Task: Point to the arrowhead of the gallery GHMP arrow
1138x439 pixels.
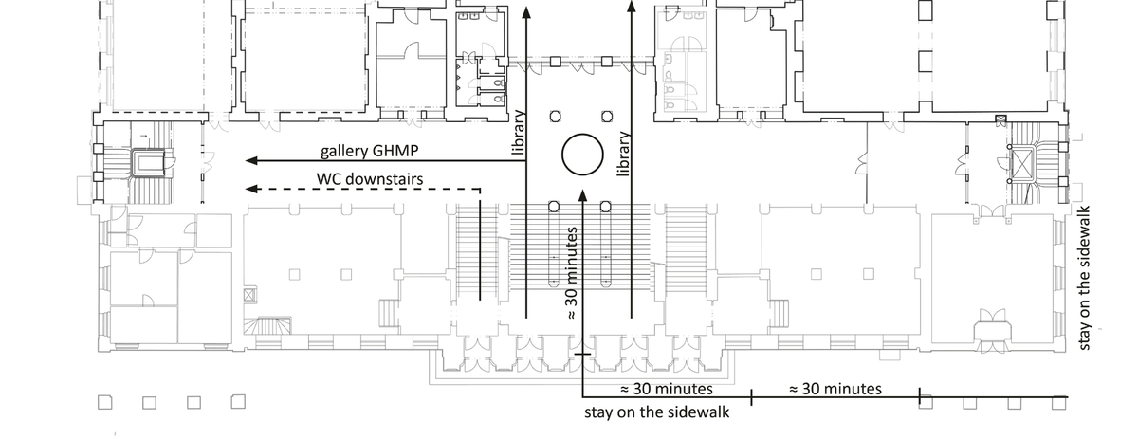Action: (x=251, y=161)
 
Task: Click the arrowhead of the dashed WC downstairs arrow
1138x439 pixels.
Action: (x=251, y=189)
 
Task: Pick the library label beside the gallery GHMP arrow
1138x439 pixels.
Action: (x=518, y=133)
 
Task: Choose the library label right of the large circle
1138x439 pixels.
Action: (x=624, y=154)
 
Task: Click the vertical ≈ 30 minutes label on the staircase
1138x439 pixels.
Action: (x=572, y=273)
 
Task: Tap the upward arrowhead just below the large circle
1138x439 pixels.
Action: (x=582, y=194)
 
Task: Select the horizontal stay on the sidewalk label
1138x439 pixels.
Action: (x=657, y=412)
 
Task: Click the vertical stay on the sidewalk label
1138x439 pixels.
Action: (x=1084, y=278)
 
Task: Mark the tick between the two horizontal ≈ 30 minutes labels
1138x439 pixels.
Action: (x=751, y=397)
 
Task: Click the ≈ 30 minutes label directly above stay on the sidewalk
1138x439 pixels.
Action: (x=667, y=389)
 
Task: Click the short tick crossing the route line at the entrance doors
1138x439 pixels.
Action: (x=582, y=353)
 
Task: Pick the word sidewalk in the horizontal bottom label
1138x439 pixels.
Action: (x=699, y=412)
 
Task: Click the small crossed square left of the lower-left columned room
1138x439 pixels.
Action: (x=248, y=295)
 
